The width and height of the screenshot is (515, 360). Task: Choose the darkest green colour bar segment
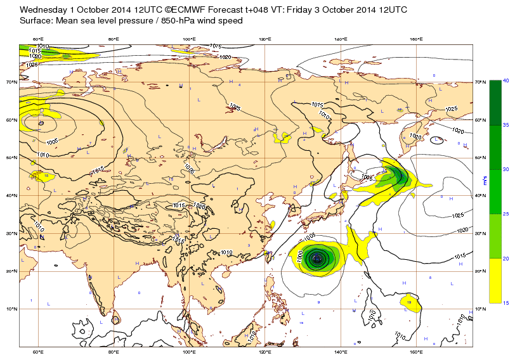click(x=495, y=103)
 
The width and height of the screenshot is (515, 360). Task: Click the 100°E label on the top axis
click(x=189, y=39)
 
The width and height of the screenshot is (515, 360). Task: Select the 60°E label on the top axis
click(x=37, y=39)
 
